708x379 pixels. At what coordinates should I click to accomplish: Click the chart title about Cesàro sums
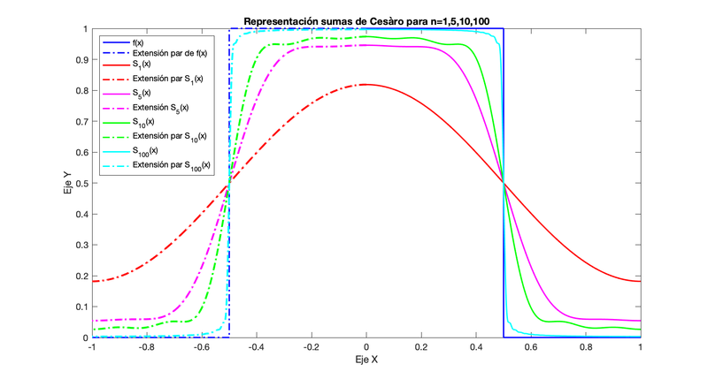(366, 21)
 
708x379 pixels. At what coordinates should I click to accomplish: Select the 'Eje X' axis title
(366, 361)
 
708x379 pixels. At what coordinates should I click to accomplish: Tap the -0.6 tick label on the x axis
(202, 348)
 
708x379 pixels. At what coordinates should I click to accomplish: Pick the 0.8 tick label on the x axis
(585, 348)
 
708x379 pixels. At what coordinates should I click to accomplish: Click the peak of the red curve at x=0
(366, 85)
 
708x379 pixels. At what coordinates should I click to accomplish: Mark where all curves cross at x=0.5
(503, 183)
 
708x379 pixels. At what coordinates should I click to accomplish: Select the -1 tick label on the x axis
(91, 348)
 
